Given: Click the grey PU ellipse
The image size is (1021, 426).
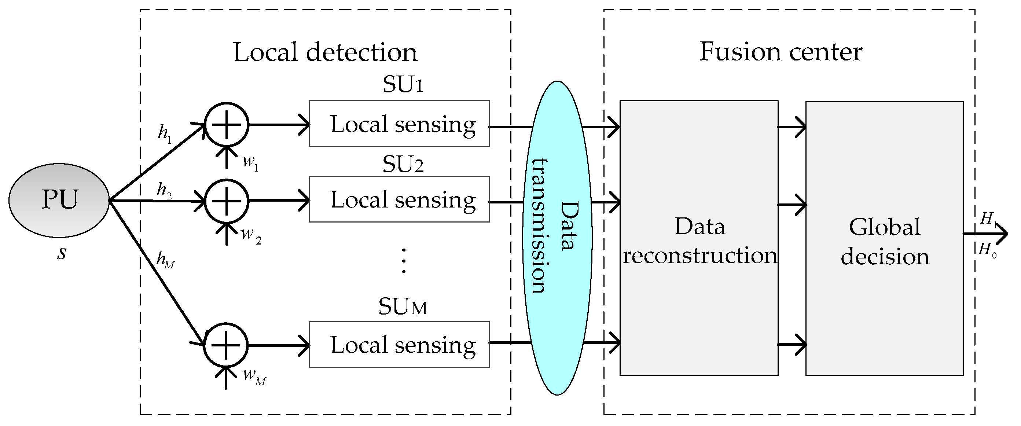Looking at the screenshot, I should click(x=59, y=200).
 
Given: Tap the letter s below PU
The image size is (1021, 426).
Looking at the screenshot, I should click(x=62, y=253).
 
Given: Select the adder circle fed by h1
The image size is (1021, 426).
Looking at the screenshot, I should click(x=226, y=124).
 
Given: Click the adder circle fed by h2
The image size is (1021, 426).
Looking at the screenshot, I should click(x=226, y=201).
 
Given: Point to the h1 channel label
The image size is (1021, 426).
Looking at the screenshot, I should click(x=165, y=133).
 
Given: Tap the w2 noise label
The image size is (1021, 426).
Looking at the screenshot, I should click(x=251, y=235).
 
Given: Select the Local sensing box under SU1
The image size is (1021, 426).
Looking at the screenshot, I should click(x=399, y=124).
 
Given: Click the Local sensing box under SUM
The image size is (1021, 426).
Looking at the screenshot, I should click(x=399, y=344).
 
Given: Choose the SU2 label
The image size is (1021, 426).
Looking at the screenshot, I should click(x=403, y=165).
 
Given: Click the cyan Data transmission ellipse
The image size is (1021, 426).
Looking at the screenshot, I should click(x=557, y=238).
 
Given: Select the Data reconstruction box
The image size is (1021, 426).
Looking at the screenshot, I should click(x=699, y=238).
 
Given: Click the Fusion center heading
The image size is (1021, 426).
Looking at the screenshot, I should click(x=781, y=52).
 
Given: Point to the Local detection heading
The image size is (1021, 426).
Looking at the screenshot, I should click(x=325, y=52).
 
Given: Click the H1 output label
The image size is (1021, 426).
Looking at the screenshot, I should click(x=988, y=219).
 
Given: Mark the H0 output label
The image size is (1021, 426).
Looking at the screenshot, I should click(x=987, y=250).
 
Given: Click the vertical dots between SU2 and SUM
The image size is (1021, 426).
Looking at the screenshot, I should click(x=404, y=261).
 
